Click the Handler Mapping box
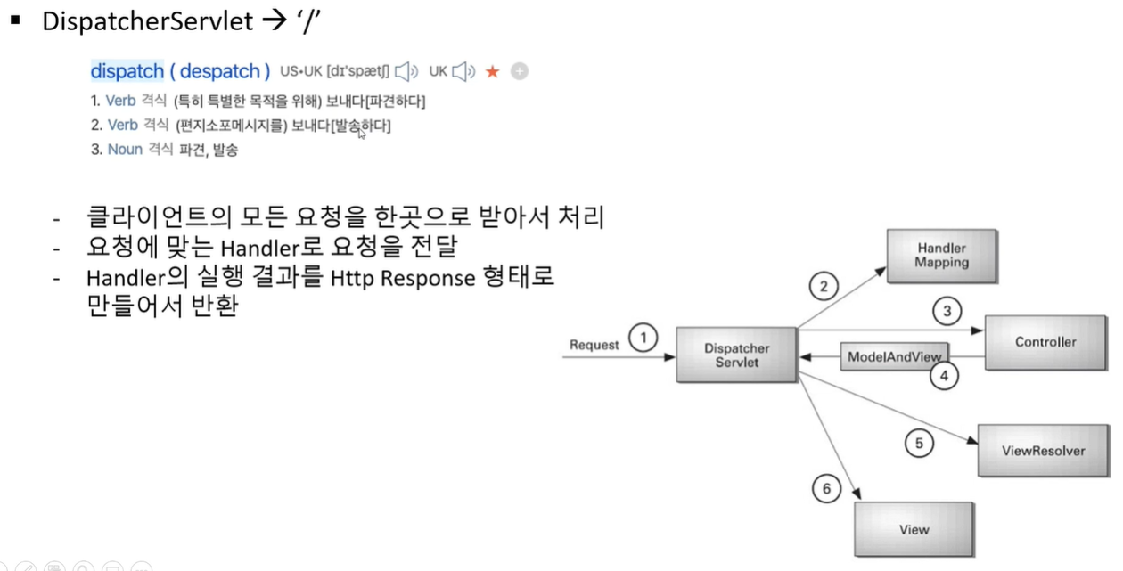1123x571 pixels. pyautogui.click(x=940, y=256)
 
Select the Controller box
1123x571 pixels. pyautogui.click(x=1045, y=342)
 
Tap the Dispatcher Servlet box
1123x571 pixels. pyautogui.click(x=736, y=355)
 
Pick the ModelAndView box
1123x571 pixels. pyautogui.click(x=893, y=356)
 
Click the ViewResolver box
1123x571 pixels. pyautogui.click(x=1043, y=451)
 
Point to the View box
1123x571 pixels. pyautogui.click(x=914, y=529)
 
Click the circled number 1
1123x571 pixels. pyautogui.click(x=643, y=339)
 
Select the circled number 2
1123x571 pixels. pyautogui.click(x=824, y=286)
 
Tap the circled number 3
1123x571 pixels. pyautogui.click(x=947, y=312)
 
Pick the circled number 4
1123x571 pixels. pyautogui.click(x=945, y=377)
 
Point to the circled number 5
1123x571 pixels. pyautogui.click(x=918, y=442)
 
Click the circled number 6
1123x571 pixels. pyautogui.click(x=826, y=489)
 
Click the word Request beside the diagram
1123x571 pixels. pyautogui.click(x=594, y=345)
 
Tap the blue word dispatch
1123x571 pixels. pyautogui.click(x=127, y=71)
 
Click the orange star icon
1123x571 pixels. pyautogui.click(x=492, y=71)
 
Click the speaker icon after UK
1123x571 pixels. pyautogui.click(x=464, y=71)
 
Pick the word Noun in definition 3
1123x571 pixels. pyautogui.click(x=125, y=150)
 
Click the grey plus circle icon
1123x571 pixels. pyautogui.click(x=520, y=71)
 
